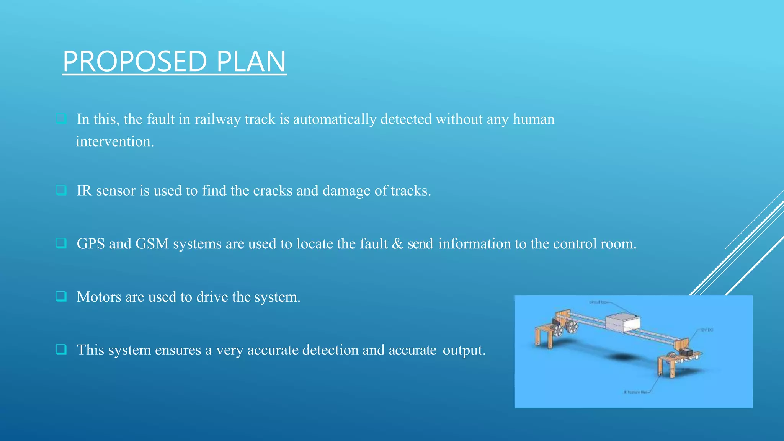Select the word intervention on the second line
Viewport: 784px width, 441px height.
pyautogui.click(x=114, y=142)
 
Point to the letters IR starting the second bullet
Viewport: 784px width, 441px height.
pyautogui.click(x=84, y=191)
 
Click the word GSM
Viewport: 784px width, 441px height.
pyautogui.click(x=152, y=244)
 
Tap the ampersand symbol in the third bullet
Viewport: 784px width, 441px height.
pyautogui.click(x=397, y=244)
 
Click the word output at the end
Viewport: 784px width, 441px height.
pyautogui.click(x=464, y=350)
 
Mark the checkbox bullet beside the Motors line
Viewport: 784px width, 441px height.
pyautogui.click(x=61, y=296)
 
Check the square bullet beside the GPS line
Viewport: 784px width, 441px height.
pyautogui.click(x=61, y=243)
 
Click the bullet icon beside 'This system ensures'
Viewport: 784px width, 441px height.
pyautogui.click(x=61, y=349)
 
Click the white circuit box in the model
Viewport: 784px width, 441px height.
pyautogui.click(x=622, y=323)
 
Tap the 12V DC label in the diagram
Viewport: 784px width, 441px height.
pyautogui.click(x=707, y=330)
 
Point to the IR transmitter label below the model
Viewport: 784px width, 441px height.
pyautogui.click(x=635, y=392)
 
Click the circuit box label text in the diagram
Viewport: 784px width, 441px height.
pyautogui.click(x=598, y=302)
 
